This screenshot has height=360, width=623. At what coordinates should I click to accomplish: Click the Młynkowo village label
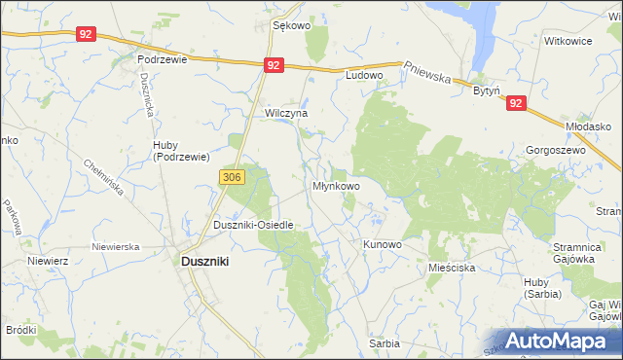pos(336,185)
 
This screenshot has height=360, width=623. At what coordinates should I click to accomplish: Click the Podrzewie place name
pos(162,58)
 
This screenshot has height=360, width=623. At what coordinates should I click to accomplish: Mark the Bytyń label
pos(486,90)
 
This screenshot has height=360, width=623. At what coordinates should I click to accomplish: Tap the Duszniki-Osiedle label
pos(253,225)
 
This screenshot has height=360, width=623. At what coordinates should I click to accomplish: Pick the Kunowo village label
pos(382,244)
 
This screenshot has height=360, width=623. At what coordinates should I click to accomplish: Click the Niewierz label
pos(46,261)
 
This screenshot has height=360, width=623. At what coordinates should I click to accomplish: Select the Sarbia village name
pos(384,343)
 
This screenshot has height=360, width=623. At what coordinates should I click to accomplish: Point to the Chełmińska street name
pos(104,178)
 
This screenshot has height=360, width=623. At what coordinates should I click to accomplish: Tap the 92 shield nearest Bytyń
pos(515,102)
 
